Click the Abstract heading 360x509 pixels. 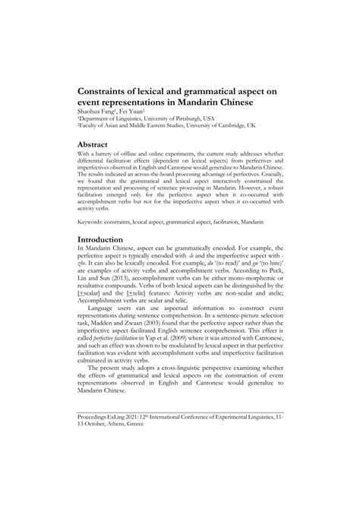pos(96,144)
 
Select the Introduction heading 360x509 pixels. pos(105,218)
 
